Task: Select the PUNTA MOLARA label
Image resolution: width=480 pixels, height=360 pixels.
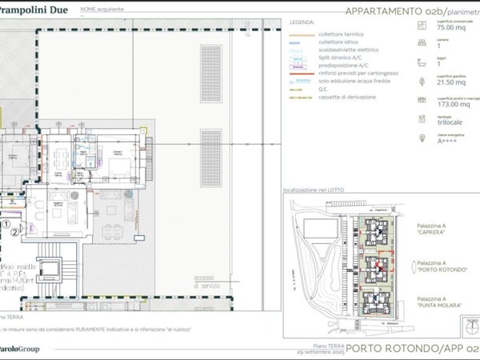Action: tap(435, 304)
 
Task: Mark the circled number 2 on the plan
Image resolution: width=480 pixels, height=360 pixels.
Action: tap(14, 234)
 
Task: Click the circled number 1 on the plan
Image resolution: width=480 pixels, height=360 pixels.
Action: tap(5, 225)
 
